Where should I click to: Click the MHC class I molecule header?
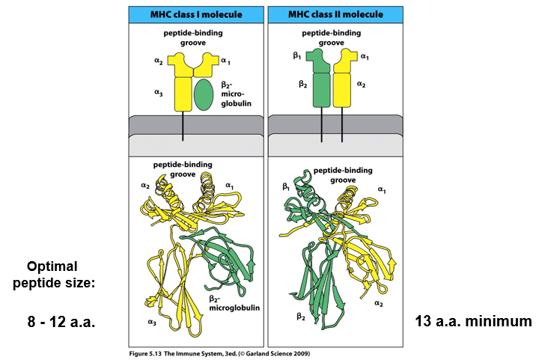(x=194, y=13)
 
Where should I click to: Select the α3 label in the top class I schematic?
(x=158, y=92)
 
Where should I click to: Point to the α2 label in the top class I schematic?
(x=159, y=60)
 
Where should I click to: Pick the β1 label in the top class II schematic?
(x=297, y=55)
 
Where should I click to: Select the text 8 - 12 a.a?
(x=62, y=322)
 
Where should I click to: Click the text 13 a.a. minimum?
(x=473, y=321)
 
